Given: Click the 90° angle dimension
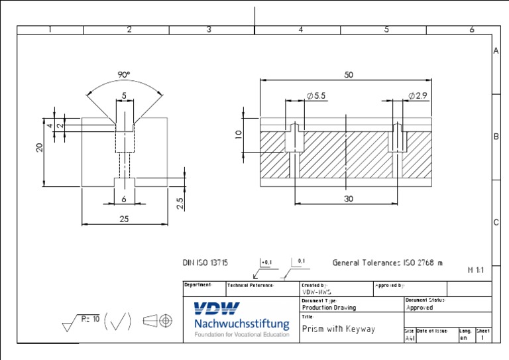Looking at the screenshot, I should (124, 76).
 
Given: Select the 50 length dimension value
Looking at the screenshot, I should (349, 75).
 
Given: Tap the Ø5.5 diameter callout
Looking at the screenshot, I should (315, 96).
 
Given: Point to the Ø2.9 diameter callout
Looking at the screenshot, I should (418, 96).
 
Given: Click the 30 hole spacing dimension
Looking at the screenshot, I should (348, 199).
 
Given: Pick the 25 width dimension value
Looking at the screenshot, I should (124, 219).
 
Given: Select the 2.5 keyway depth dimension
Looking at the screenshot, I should (180, 203).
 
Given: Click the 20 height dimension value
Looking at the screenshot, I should (40, 149).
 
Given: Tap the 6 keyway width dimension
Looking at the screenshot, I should (124, 199).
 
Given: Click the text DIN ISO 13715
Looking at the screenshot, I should (205, 263).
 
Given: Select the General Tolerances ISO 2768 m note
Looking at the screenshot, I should (387, 263).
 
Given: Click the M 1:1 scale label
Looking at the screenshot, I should (476, 270).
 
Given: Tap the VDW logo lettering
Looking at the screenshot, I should (217, 308).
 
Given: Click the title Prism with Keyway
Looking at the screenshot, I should (339, 329).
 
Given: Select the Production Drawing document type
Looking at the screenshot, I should (329, 308).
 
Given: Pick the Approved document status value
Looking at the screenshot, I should (419, 308).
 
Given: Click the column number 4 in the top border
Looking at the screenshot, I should (300, 30).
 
